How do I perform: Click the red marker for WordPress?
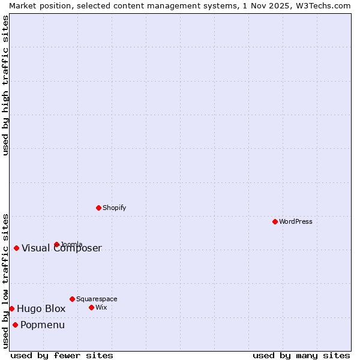(275, 221)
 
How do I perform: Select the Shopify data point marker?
(98, 208)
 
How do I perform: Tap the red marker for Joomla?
(56, 244)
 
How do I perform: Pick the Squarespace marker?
(72, 299)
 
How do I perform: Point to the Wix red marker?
(91, 307)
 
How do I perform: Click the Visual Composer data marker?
(16, 248)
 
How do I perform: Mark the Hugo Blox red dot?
(11, 308)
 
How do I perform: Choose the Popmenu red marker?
(15, 325)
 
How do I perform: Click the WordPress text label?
(296, 221)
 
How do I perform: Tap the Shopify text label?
(114, 208)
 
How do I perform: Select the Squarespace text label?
(97, 299)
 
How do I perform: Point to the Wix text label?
(101, 307)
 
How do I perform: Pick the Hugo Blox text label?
(41, 309)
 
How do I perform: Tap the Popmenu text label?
(43, 325)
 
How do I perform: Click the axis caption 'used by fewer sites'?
(62, 355)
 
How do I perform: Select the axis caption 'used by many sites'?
(301, 355)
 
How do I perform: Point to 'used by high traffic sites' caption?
(5, 85)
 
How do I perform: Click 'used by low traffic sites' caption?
(5, 280)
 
